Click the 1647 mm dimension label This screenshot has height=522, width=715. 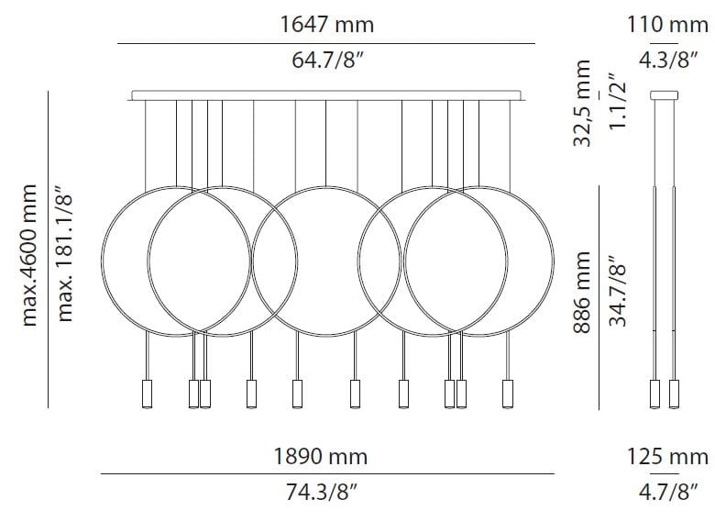point(326,25)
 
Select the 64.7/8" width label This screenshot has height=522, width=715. point(326,64)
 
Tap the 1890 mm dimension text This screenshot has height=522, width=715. point(326,455)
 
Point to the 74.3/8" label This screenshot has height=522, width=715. point(326,493)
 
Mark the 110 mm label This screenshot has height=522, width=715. point(667,25)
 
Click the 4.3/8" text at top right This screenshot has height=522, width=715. point(667,64)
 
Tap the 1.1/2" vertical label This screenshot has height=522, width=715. point(617,101)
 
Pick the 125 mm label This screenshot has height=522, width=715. point(667,455)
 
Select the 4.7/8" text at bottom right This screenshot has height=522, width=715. point(667,493)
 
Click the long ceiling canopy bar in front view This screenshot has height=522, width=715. point(328,94)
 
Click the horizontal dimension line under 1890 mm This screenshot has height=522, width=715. point(326,473)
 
